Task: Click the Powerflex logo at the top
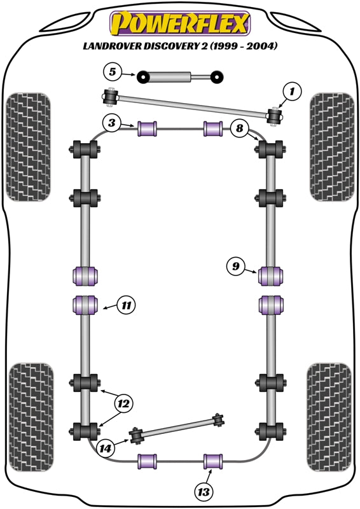179,24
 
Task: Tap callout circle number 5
113,71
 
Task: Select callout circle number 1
292,93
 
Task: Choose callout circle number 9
235,267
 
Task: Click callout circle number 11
127,305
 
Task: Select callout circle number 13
204,491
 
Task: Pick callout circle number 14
107,448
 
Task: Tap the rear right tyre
329,419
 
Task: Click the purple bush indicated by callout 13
212,459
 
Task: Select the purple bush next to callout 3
148,128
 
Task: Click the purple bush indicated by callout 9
271,275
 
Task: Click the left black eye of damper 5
144,78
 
